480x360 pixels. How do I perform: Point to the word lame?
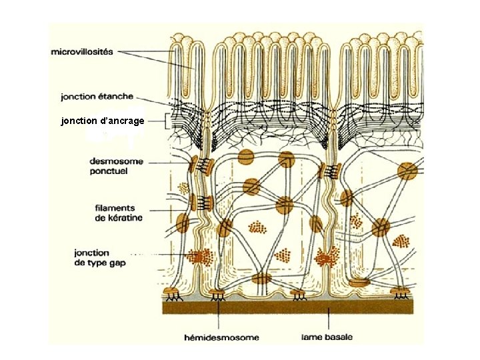(313, 337)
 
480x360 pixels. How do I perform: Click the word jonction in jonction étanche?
(79, 96)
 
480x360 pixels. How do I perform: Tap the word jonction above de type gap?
(92, 253)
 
